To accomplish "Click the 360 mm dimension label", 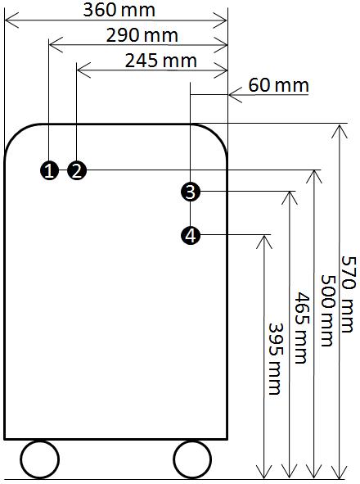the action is pos(119,10).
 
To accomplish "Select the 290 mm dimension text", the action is pos(142,35).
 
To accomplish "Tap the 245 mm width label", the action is pos(160,61).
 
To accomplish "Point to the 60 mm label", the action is pos(278,85).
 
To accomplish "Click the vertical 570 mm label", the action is pos(349,294).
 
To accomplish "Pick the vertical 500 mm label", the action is pos(327,310).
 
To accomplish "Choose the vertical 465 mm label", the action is pos(301,328).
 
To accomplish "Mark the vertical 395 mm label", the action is pos(275,359).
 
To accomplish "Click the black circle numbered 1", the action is pos(49,170).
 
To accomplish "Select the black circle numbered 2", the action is pos(77,170).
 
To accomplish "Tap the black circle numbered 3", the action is pos(191,192).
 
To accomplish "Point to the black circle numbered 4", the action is pos(191,236).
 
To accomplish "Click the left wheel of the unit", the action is pos(40,459).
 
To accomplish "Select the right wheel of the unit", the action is pos(192,459).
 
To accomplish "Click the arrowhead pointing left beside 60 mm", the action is pos(235,94).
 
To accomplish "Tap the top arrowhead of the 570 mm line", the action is pos(340,132).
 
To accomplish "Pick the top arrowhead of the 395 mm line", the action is pos(263,242).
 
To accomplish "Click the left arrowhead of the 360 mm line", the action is pos(11,20).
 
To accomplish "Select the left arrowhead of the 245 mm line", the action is pos(83,70).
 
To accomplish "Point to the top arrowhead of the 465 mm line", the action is pos(290,198).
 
